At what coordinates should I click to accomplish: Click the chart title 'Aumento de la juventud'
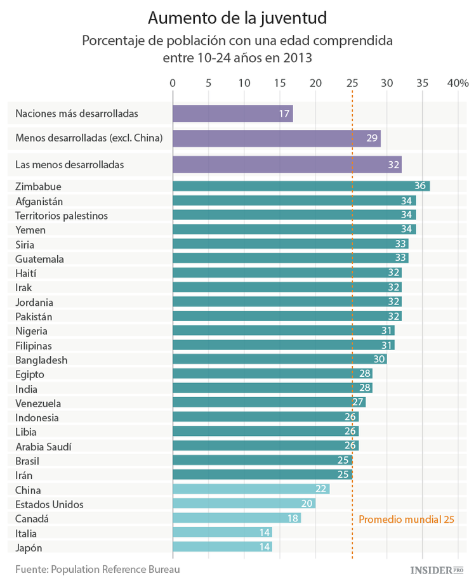pyautogui.click(x=237, y=15)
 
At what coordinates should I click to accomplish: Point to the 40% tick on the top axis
pyautogui.click(x=458, y=83)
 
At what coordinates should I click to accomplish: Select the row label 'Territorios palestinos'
pyautogui.click(x=62, y=216)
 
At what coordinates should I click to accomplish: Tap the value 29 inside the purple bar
pyautogui.click(x=373, y=138)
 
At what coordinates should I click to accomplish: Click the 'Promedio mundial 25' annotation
pyautogui.click(x=406, y=519)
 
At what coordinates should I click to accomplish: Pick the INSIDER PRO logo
pyautogui.click(x=438, y=570)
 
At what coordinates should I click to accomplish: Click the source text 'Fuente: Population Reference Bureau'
pyautogui.click(x=98, y=569)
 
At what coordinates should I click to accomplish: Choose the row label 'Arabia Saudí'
pyautogui.click(x=44, y=446)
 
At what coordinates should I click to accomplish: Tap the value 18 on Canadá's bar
pyautogui.click(x=293, y=518)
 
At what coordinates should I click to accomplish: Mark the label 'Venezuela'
pyautogui.click(x=38, y=403)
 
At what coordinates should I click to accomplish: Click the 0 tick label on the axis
pyautogui.click(x=173, y=83)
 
